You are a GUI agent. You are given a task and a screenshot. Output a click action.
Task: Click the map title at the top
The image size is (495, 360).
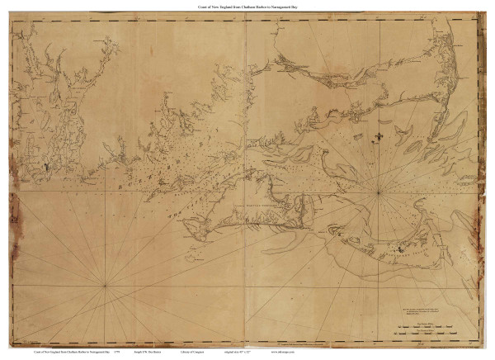tap(247, 7)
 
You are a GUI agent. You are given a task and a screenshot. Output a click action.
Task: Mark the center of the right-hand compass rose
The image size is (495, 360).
tap(379, 192)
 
